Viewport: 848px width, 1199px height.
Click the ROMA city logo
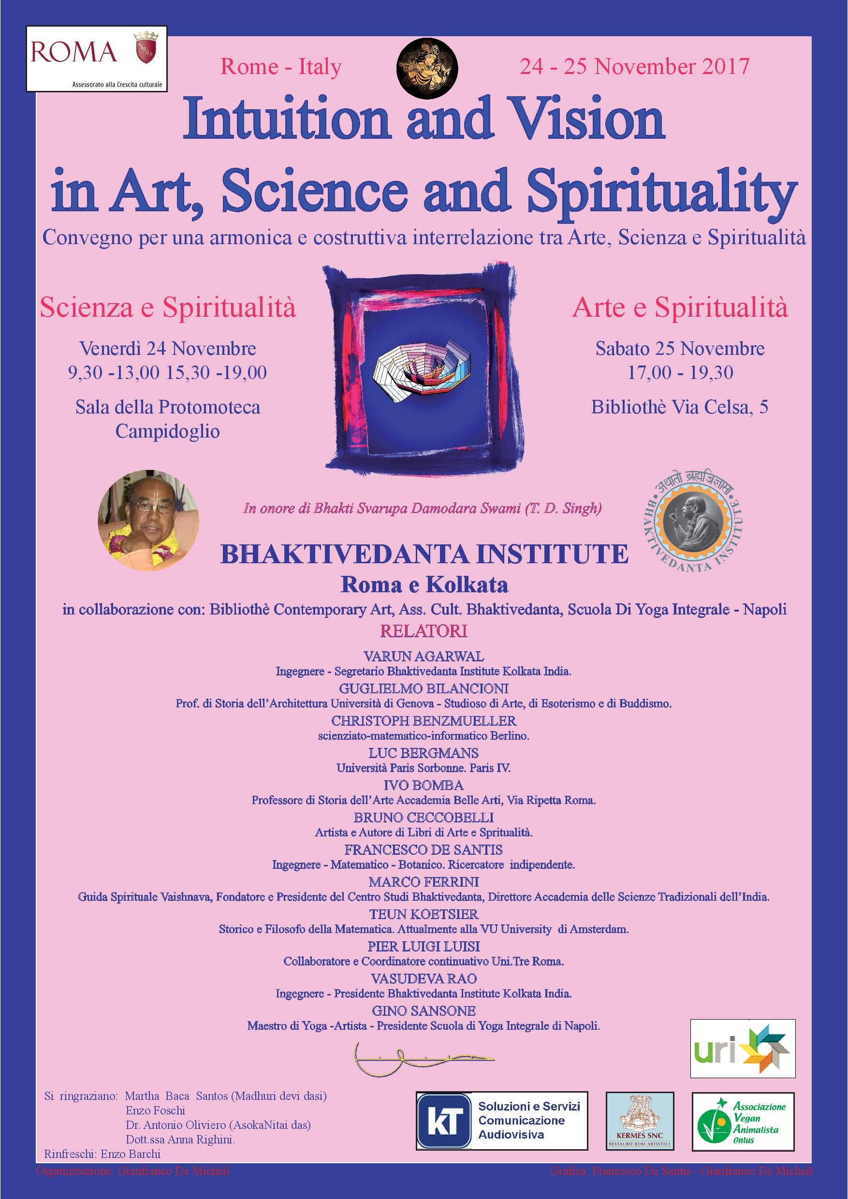(x=97, y=58)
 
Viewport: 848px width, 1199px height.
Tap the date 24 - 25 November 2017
(x=634, y=67)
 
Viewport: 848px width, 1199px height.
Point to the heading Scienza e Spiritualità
(x=168, y=308)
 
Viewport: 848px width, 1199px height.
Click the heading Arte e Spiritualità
(x=680, y=308)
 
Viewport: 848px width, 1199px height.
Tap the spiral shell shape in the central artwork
(x=424, y=370)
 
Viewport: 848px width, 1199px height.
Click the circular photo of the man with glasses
(x=148, y=528)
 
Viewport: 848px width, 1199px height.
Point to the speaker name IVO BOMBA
(x=424, y=786)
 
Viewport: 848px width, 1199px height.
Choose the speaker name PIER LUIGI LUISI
(x=424, y=946)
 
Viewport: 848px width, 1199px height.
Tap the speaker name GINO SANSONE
(x=424, y=1011)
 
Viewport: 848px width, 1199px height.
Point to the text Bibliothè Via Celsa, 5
(x=679, y=408)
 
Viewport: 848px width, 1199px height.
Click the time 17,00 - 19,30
(x=680, y=373)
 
